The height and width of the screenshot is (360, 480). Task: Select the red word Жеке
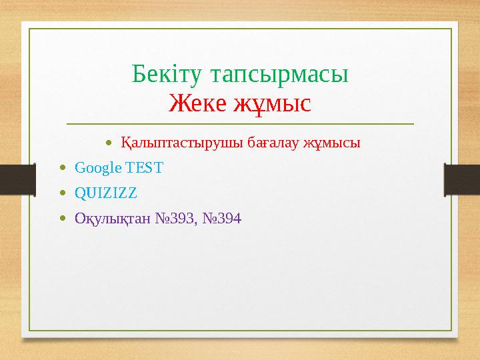coord(196,103)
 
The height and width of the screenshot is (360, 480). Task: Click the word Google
coord(95,168)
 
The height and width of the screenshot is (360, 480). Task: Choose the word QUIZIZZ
coord(106,193)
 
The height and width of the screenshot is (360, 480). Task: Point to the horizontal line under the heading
coord(240,124)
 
